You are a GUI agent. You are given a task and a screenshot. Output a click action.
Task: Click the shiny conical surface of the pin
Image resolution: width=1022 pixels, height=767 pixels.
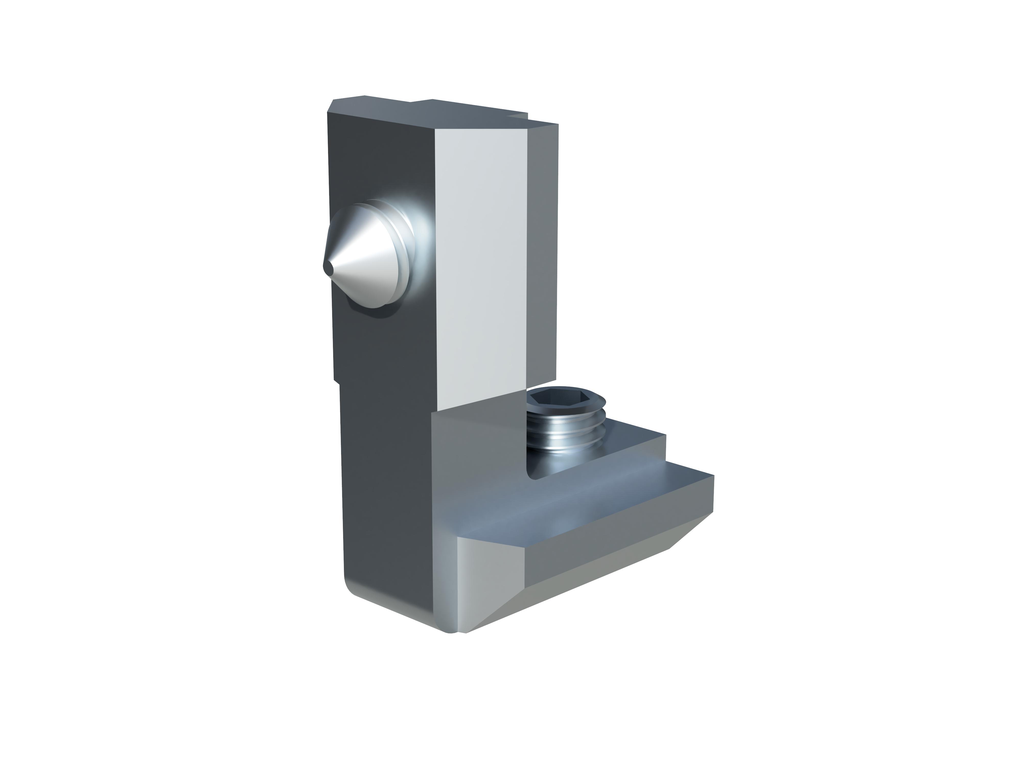coord(365,259)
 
